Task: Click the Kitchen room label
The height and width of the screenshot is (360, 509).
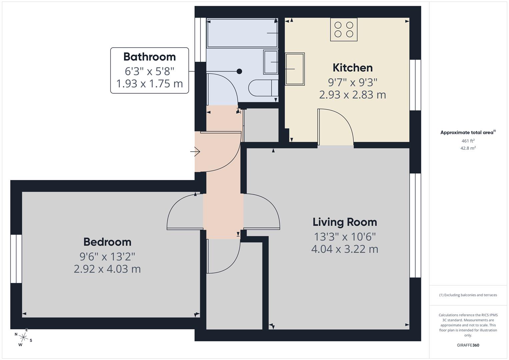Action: click(352, 68)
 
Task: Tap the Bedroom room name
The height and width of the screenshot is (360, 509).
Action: click(107, 242)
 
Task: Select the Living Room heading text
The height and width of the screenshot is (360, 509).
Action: click(345, 222)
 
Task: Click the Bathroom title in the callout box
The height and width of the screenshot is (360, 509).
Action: click(149, 57)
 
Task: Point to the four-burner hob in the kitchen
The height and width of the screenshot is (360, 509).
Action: click(344, 29)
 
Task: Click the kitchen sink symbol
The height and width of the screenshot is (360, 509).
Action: click(295, 69)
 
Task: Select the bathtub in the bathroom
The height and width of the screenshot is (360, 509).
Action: click(242, 33)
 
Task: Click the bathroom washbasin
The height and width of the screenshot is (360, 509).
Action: click(271, 62)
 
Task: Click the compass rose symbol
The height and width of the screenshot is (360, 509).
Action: click(23, 337)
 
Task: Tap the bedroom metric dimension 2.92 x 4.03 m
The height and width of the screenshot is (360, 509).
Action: click(107, 269)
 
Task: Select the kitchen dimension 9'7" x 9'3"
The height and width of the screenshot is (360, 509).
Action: click(352, 82)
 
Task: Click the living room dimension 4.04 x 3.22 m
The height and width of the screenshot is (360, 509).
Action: click(345, 249)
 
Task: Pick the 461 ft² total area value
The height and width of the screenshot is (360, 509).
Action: click(468, 141)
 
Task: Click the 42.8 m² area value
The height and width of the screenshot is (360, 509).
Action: click(468, 148)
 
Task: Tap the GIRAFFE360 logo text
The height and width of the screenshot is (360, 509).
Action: click(468, 345)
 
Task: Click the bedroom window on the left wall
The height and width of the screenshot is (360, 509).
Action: click(16, 259)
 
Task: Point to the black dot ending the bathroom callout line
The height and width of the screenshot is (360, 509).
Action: click(239, 71)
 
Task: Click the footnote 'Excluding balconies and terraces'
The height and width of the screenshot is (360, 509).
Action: click(468, 295)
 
